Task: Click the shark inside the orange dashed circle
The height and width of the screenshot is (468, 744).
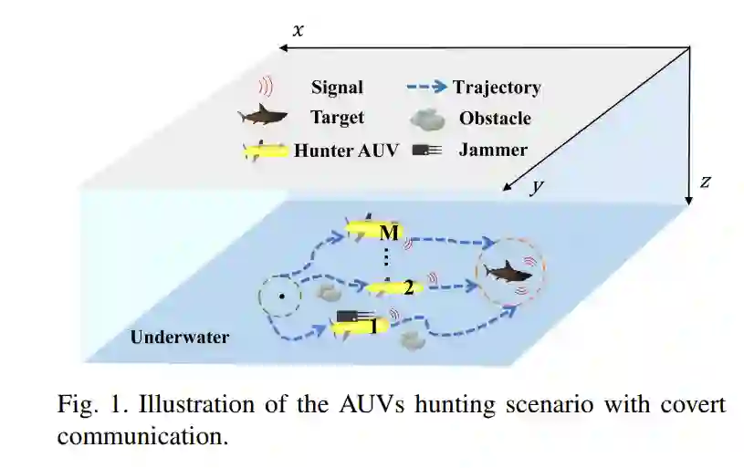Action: [506, 271]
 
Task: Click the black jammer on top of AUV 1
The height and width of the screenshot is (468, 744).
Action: [348, 316]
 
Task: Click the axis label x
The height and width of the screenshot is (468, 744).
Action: [298, 31]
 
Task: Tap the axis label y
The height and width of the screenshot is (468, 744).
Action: [538, 187]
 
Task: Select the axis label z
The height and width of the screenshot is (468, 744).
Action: [705, 182]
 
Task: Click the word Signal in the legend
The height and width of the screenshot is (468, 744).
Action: [337, 88]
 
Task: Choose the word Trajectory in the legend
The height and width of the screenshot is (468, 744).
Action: [496, 88]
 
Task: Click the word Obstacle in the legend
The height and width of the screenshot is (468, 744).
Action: [495, 119]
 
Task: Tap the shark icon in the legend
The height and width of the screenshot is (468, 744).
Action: [263, 117]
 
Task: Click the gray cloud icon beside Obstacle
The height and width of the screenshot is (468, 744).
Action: [426, 119]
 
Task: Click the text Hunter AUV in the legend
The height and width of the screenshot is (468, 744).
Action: [346, 151]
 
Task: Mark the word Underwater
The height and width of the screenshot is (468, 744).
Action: [180, 338]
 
